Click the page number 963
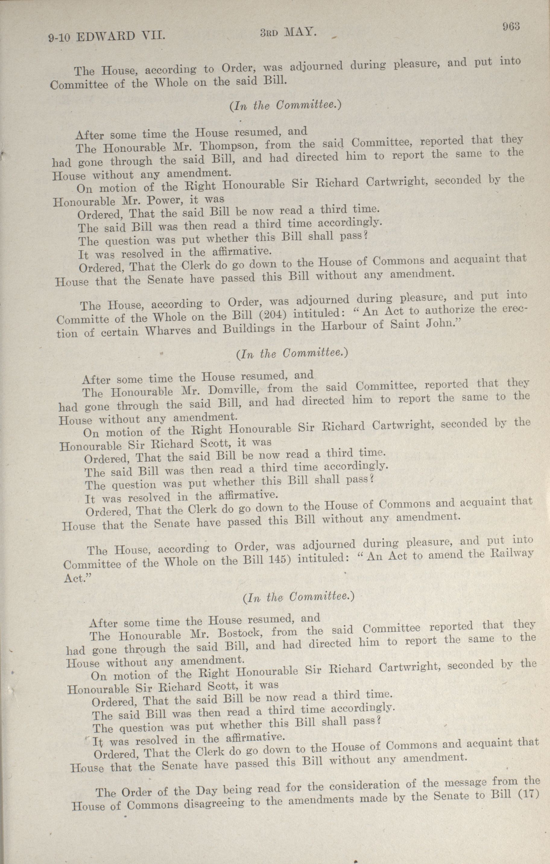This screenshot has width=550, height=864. [x=511, y=27]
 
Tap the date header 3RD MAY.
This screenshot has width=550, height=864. [x=288, y=33]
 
